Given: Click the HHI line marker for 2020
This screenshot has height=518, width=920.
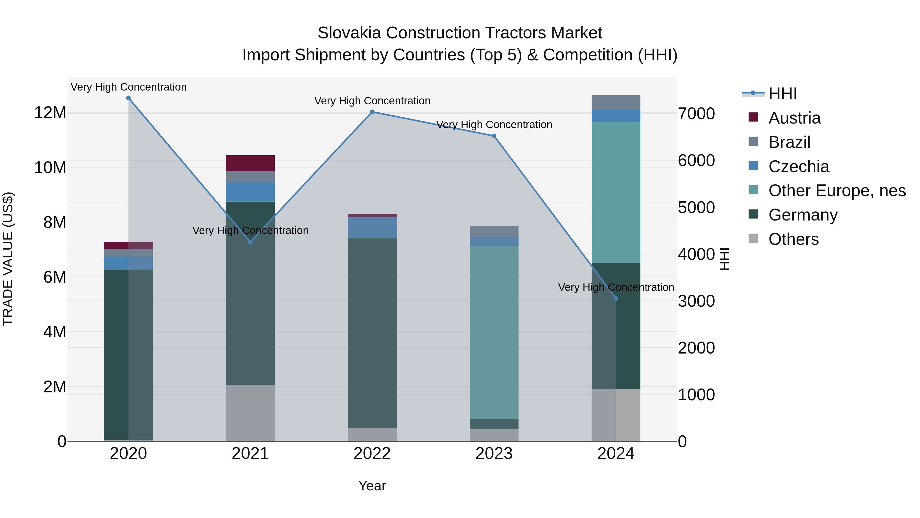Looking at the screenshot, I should [129, 98].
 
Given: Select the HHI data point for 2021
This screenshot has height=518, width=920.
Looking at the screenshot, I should [250, 242].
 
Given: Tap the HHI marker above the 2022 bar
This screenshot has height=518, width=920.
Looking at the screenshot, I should [372, 112].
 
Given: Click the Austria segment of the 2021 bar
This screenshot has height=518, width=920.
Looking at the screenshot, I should [250, 163].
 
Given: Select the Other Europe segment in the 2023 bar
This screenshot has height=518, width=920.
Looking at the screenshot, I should [494, 333].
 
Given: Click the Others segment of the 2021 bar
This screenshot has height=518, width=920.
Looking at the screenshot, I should [250, 413].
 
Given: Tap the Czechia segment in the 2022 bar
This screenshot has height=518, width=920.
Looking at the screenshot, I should [372, 228].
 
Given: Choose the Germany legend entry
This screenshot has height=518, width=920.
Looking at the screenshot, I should [803, 215].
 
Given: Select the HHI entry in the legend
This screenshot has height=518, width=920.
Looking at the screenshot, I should [782, 94].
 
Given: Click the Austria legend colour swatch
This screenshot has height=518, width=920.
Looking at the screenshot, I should [753, 117].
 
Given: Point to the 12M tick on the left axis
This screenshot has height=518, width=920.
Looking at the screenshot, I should [50, 113].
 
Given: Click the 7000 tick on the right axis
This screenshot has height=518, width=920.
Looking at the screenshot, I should [696, 114].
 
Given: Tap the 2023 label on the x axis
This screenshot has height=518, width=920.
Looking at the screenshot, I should [494, 454].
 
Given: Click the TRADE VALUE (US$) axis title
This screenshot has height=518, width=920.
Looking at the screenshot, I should [8, 259].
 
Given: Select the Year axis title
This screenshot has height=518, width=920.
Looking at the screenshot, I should [372, 486].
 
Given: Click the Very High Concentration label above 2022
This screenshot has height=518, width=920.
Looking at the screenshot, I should [372, 101].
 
